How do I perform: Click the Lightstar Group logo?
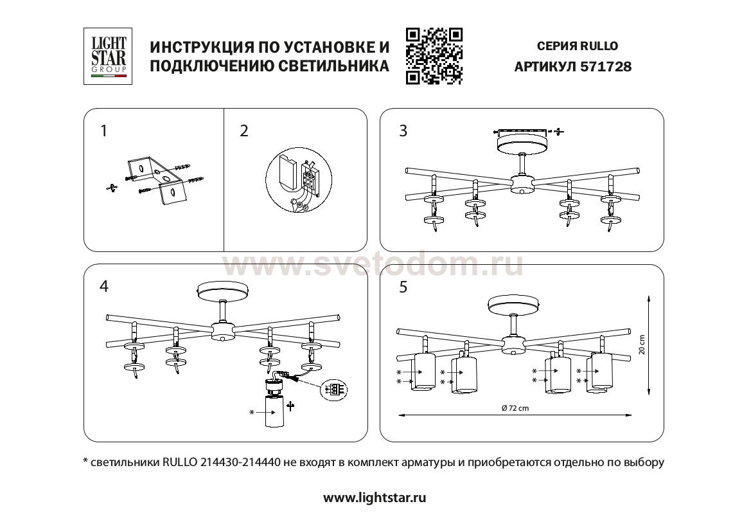(x=108, y=57)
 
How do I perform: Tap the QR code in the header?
(x=434, y=57)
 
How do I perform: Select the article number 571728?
(x=605, y=67)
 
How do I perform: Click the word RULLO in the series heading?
(x=599, y=46)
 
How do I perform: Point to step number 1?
(x=104, y=131)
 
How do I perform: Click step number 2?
(x=244, y=131)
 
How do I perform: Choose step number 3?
(x=403, y=131)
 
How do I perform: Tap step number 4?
(x=104, y=286)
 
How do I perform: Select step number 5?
(x=403, y=287)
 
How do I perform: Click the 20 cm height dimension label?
(x=642, y=345)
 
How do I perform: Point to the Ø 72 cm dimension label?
(x=515, y=408)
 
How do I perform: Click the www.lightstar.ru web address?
(x=375, y=498)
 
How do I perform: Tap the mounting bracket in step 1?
(x=155, y=181)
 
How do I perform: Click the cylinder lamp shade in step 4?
(x=274, y=411)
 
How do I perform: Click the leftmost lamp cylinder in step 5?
(x=423, y=372)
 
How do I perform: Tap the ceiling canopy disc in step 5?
(x=513, y=304)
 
